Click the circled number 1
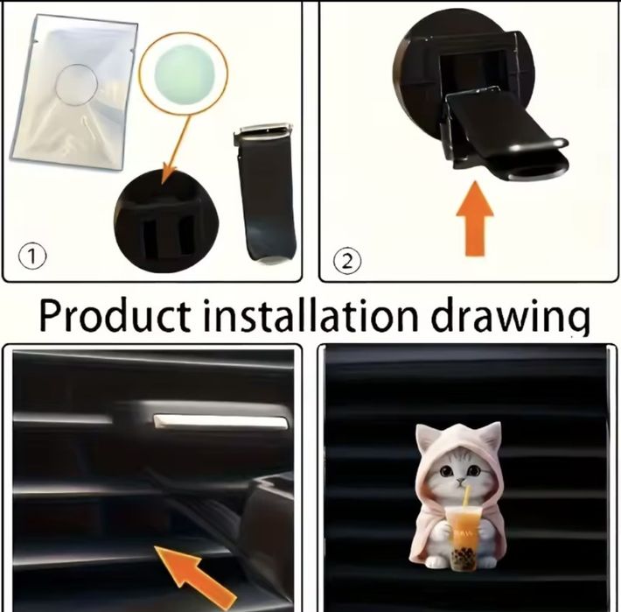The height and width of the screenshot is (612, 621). (32, 257)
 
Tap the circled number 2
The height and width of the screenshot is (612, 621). (347, 262)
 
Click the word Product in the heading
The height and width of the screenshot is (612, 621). (115, 315)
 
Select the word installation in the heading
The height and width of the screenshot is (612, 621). (310, 315)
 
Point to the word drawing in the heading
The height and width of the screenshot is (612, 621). (510, 317)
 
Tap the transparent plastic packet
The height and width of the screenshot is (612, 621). (74, 94)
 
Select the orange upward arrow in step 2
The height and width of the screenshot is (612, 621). (475, 219)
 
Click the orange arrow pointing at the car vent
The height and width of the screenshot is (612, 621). (196, 577)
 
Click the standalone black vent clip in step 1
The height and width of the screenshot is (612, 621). (265, 193)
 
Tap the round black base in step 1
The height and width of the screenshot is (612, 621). (166, 221)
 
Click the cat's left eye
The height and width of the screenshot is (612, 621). (446, 472)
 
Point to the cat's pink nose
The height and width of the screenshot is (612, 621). (460, 481)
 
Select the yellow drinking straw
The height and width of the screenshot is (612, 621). (466, 496)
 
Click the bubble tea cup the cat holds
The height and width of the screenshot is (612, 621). (464, 538)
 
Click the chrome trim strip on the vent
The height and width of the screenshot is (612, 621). (220, 422)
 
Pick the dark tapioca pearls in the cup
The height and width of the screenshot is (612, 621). (464, 559)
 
